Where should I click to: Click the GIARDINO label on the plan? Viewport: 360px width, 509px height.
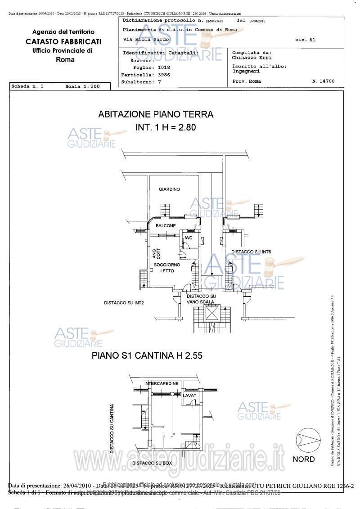[169, 189]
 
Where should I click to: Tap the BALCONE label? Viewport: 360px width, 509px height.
[166, 225]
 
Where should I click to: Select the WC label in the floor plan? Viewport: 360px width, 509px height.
[189, 237]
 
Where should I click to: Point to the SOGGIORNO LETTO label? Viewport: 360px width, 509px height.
[167, 268]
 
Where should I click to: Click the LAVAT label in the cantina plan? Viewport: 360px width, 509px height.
[190, 395]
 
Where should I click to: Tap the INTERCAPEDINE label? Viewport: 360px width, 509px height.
[162, 383]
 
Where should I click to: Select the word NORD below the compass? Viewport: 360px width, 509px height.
[304, 459]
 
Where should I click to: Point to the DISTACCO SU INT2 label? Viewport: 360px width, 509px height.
[124, 302]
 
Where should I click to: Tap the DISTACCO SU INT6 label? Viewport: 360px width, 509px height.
[251, 252]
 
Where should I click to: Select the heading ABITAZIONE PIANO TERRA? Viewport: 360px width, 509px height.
[156, 114]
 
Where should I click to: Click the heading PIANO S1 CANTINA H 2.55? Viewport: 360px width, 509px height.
[147, 355]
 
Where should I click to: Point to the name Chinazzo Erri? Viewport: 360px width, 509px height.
[247, 58]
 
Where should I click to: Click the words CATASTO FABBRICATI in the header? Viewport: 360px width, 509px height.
[63, 41]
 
